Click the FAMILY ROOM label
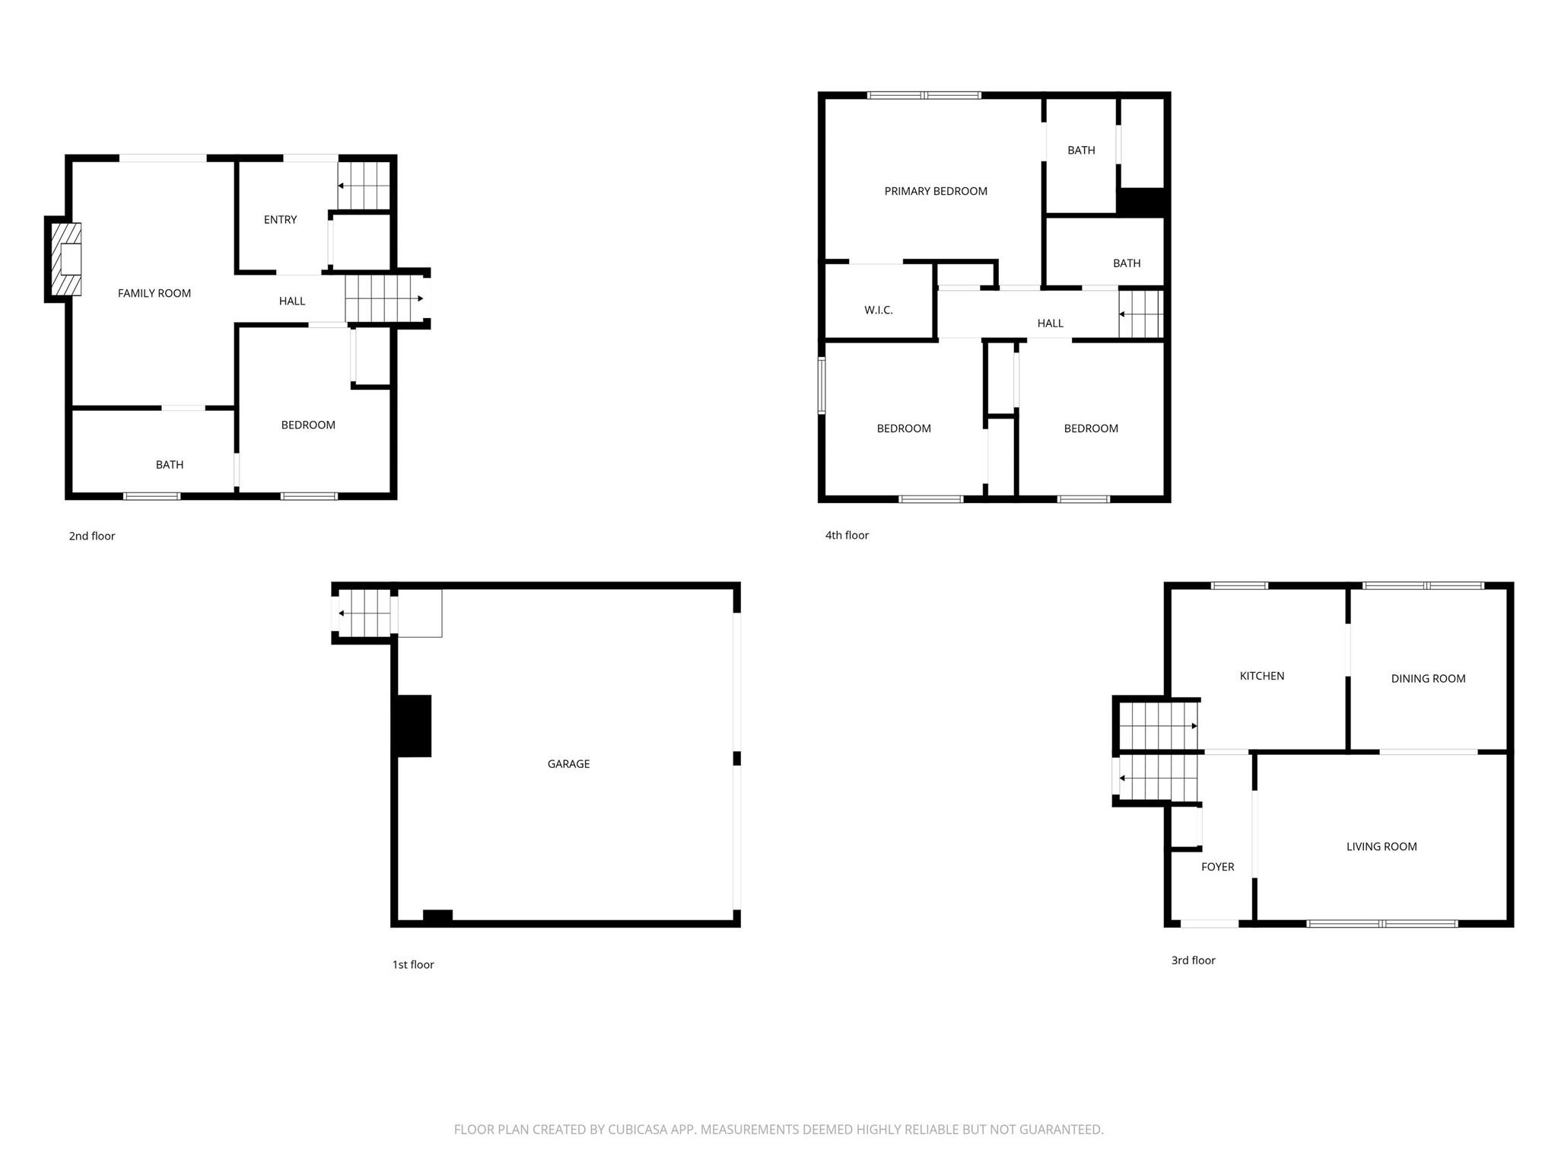pyautogui.click(x=154, y=293)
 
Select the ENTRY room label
pyautogui.click(x=280, y=219)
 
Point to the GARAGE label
pyautogui.click(x=568, y=763)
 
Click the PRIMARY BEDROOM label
pyautogui.click(x=936, y=191)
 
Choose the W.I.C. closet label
pyautogui.click(x=879, y=310)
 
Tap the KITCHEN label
pyautogui.click(x=1262, y=676)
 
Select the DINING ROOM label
pyautogui.click(x=1428, y=679)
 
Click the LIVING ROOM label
pyautogui.click(x=1382, y=846)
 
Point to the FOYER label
pyautogui.click(x=1217, y=867)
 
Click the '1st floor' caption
pyautogui.click(x=413, y=964)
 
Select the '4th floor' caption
pyautogui.click(x=847, y=535)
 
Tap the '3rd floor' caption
pyautogui.click(x=1193, y=960)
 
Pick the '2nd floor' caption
pyautogui.click(x=92, y=536)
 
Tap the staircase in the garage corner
pyautogui.click(x=364, y=613)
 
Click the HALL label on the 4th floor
pyautogui.click(x=1050, y=323)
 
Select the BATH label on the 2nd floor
pyautogui.click(x=170, y=465)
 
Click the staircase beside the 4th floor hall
pyautogui.click(x=1140, y=314)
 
